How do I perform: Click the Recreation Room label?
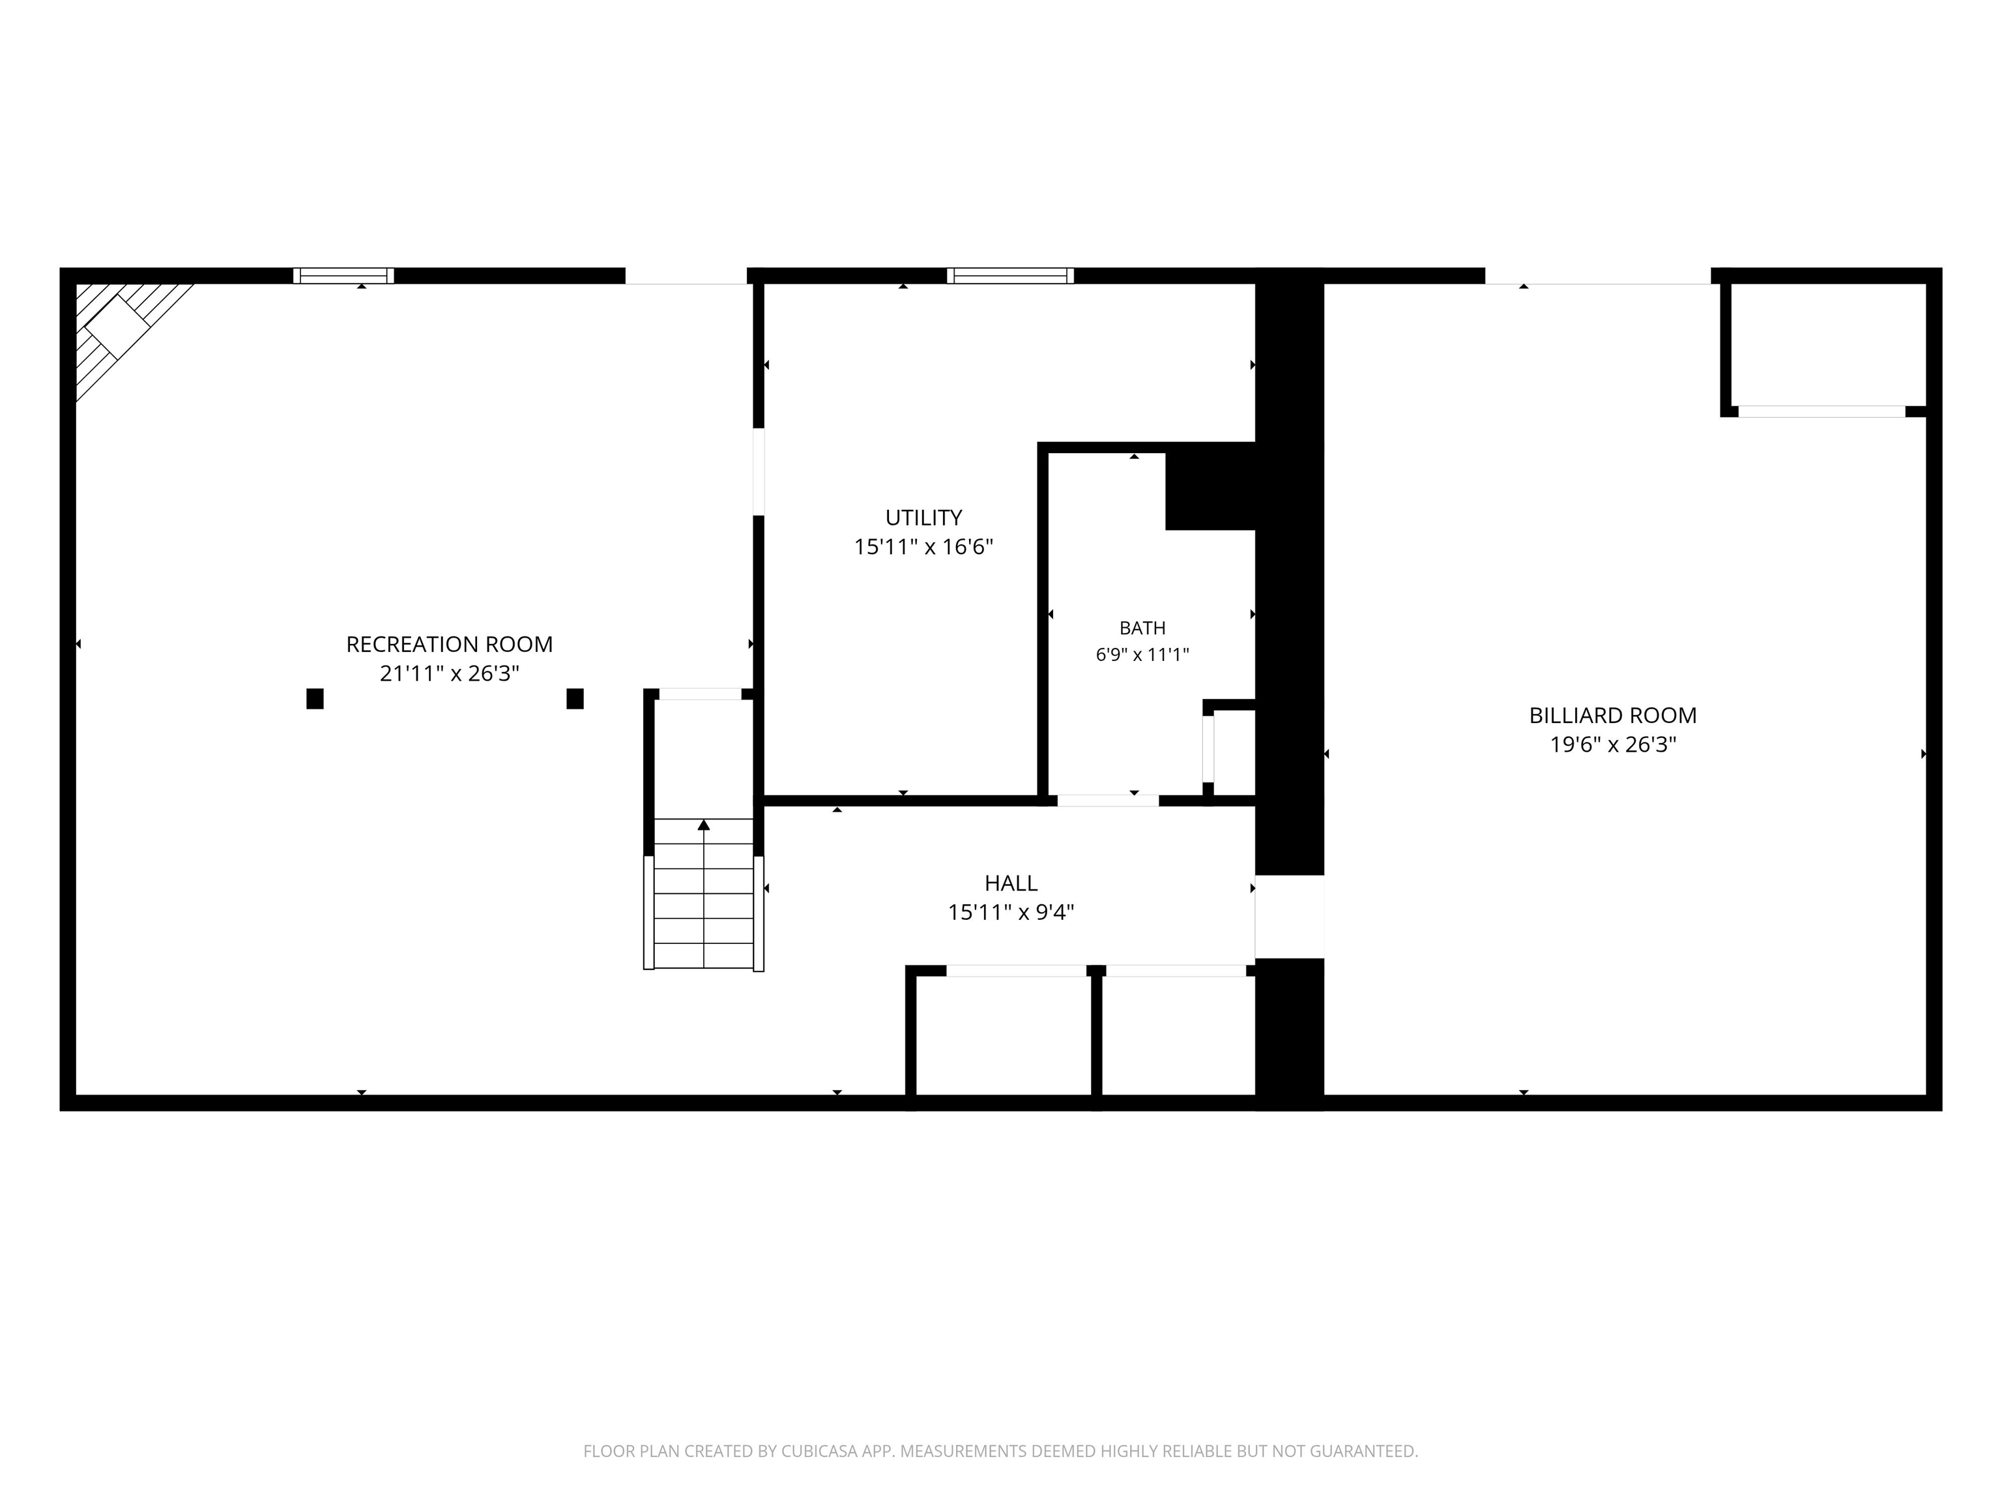click(449, 645)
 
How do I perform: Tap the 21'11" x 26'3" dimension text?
click(449, 673)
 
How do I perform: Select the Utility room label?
click(923, 518)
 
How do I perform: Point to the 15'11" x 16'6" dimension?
click(923, 547)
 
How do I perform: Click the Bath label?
click(1142, 628)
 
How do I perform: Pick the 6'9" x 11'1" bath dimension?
click(1142, 655)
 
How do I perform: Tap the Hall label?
click(1011, 883)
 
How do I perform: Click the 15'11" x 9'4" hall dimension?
click(1011, 912)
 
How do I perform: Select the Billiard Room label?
click(1613, 715)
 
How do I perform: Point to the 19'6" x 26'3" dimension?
click(1613, 744)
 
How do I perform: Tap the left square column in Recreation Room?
click(315, 699)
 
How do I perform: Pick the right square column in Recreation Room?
click(575, 699)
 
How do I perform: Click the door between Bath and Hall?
click(1108, 801)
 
